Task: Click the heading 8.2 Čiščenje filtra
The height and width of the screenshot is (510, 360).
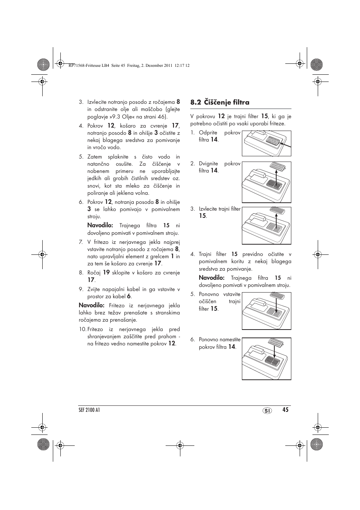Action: click(x=220, y=102)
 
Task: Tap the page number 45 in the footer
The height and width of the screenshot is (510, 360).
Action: click(x=285, y=410)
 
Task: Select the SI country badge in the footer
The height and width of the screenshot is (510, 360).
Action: click(x=267, y=411)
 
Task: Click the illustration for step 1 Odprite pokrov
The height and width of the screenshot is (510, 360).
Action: click(x=266, y=143)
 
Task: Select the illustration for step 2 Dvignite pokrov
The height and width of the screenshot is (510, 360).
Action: click(x=266, y=182)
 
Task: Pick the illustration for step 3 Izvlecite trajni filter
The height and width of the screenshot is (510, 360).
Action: click(x=266, y=225)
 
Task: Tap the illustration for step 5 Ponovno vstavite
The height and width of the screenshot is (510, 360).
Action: click(x=266, y=311)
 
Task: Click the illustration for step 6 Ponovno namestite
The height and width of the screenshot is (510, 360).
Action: click(x=266, y=358)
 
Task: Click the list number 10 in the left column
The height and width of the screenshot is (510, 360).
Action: click(x=82, y=330)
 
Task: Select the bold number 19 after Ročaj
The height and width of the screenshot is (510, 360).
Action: click(x=106, y=273)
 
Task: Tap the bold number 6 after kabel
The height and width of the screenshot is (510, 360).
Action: click(x=129, y=297)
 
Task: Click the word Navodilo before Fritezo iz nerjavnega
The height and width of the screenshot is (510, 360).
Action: click(x=91, y=305)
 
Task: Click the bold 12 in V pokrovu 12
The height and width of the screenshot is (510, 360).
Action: click(x=221, y=117)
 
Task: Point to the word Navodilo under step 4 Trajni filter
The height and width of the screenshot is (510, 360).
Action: click(x=211, y=278)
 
